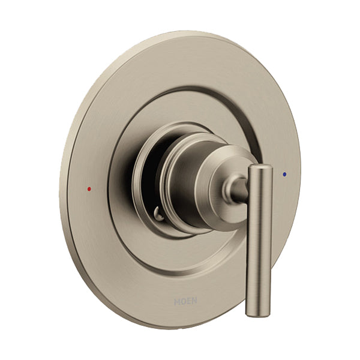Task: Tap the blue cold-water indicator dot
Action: coord(284,175)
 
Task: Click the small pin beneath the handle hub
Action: coord(158,212)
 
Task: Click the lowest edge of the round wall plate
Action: coord(180,327)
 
